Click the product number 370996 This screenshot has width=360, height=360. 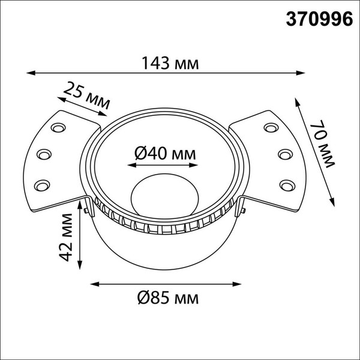coord(317,19)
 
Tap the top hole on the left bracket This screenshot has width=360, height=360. coord(59,128)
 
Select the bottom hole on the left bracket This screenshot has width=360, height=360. coord(41,184)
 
